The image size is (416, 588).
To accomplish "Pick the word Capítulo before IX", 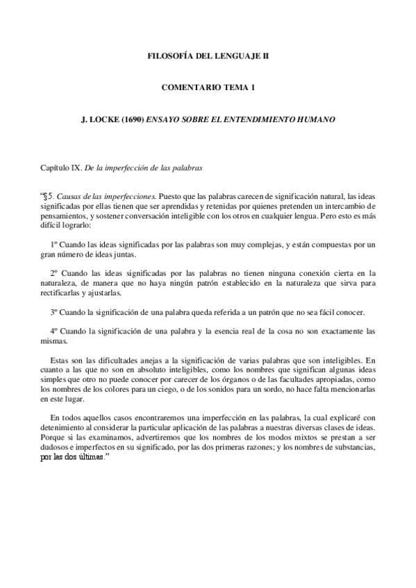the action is tap(56, 168).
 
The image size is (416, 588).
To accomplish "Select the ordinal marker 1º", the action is tap(55, 245).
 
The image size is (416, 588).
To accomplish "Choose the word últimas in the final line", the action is tap(88, 458).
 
